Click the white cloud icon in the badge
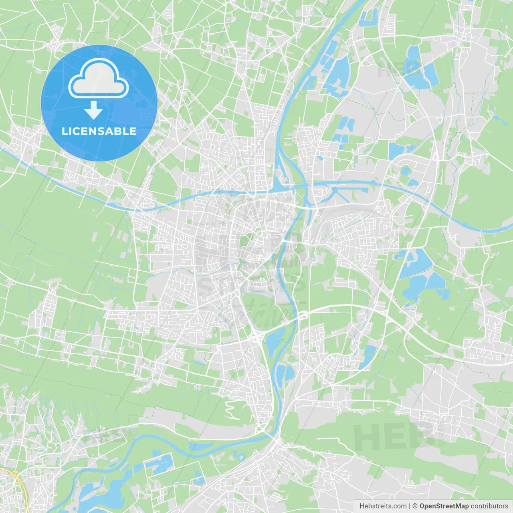[x=99, y=79]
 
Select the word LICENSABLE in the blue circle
[x=99, y=131]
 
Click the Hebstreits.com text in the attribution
[x=383, y=506]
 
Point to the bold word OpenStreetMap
[x=444, y=506]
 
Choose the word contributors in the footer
[x=489, y=506]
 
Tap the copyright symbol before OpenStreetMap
[x=415, y=506]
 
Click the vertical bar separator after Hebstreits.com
[x=410, y=506]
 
